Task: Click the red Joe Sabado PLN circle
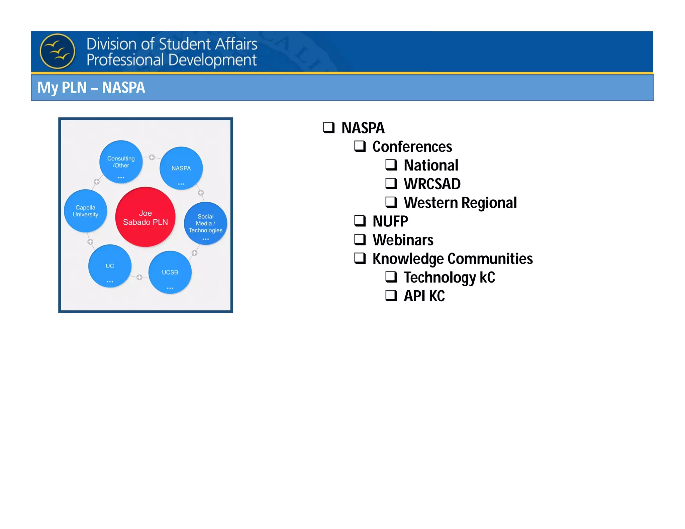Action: [x=145, y=217]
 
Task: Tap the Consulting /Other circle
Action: [x=121, y=162]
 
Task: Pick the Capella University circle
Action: [x=86, y=211]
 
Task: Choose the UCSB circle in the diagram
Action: [x=170, y=273]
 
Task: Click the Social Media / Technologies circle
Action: [x=205, y=223]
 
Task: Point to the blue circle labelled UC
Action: [x=110, y=266]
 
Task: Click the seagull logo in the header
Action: [x=57, y=51]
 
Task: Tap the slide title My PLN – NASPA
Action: [x=91, y=88]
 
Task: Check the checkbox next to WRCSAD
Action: [x=391, y=183]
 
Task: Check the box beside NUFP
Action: [x=360, y=221]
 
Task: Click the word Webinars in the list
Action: [x=403, y=240]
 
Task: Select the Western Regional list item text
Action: [x=460, y=203]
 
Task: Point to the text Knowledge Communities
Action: [x=453, y=258]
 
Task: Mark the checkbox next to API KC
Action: [x=391, y=295]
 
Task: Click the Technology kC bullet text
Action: [x=449, y=277]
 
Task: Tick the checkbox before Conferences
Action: [x=360, y=146]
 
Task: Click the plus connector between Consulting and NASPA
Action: [x=152, y=157]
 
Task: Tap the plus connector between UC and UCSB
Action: [x=139, y=277]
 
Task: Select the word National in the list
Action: [x=431, y=165]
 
